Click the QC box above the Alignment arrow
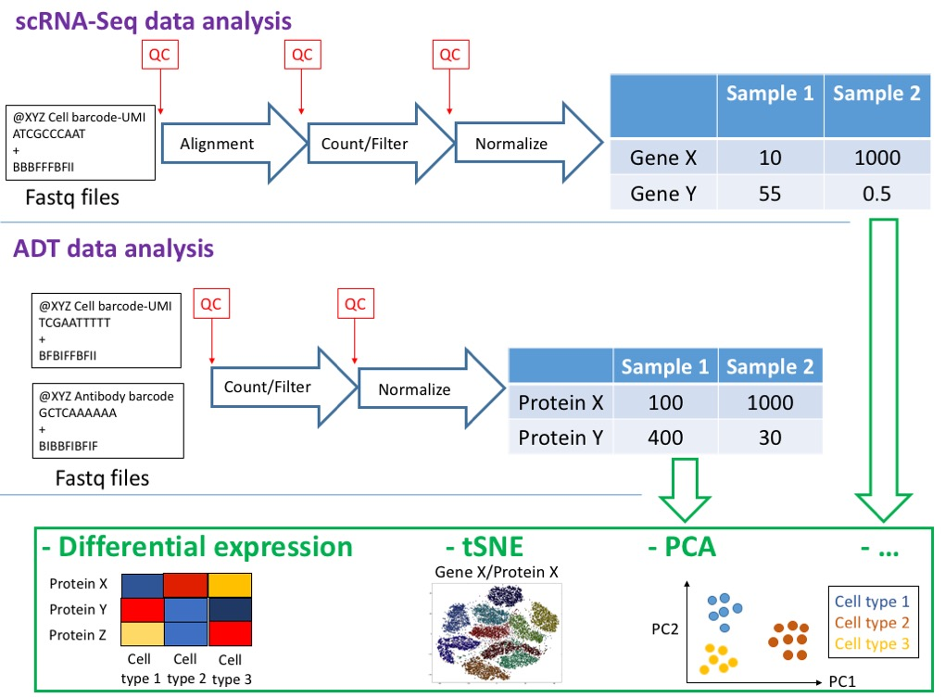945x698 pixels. (x=159, y=55)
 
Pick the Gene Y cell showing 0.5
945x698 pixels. (x=876, y=193)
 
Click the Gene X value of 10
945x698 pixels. (x=770, y=158)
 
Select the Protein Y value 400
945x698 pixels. (x=665, y=437)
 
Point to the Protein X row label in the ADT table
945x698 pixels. (x=560, y=402)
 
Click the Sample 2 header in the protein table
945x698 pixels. (x=769, y=366)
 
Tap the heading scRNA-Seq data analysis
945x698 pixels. (x=153, y=19)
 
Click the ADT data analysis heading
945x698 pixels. (x=114, y=248)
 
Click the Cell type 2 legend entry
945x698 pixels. (x=871, y=622)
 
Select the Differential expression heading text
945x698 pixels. (x=197, y=547)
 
